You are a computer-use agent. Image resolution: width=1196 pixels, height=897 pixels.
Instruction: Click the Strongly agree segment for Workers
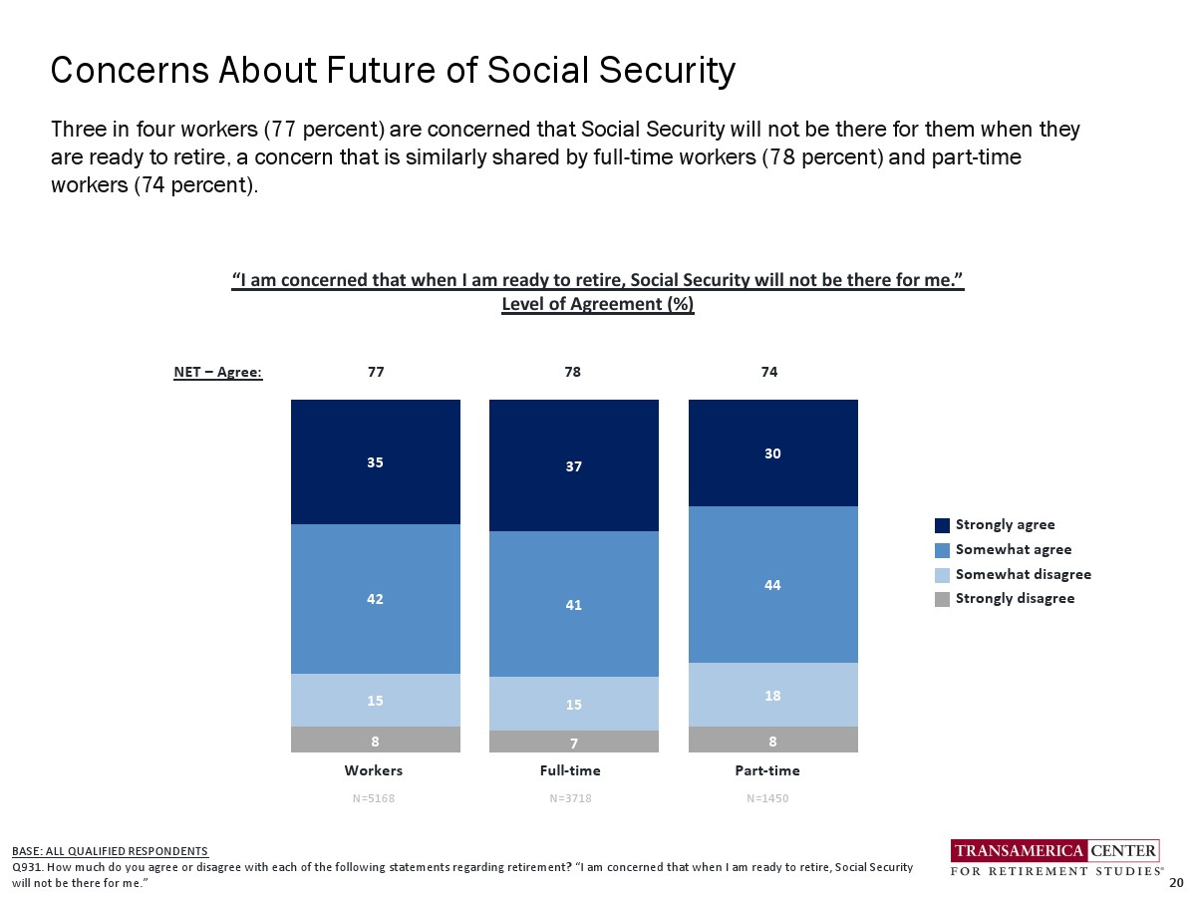click(x=375, y=461)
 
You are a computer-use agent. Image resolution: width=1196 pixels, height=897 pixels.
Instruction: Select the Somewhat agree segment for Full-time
click(x=573, y=604)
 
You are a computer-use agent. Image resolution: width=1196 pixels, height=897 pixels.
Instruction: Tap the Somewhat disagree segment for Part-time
click(x=773, y=695)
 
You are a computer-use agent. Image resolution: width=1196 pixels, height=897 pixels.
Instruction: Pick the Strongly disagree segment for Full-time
click(x=573, y=742)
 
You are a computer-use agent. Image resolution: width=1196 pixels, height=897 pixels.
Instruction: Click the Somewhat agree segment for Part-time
click(x=773, y=584)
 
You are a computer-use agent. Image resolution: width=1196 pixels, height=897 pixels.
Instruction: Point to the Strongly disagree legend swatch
click(x=942, y=599)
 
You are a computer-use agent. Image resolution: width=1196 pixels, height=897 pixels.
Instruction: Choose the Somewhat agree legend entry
click(x=1013, y=549)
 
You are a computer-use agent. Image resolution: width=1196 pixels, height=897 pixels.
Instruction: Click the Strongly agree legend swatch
click(x=942, y=525)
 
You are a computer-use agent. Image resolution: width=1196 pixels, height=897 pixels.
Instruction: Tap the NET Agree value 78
click(x=572, y=372)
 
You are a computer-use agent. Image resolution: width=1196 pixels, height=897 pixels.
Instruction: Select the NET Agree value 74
click(x=768, y=372)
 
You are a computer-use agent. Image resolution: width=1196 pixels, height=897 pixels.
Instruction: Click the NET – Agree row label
click(x=217, y=373)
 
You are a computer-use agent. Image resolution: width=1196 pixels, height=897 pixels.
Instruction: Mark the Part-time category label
click(x=767, y=770)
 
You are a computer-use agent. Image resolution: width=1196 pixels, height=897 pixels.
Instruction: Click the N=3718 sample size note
click(x=571, y=798)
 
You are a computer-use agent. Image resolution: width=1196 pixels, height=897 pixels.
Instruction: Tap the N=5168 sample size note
click(x=374, y=798)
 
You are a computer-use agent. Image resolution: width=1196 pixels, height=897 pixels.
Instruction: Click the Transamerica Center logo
click(x=1055, y=857)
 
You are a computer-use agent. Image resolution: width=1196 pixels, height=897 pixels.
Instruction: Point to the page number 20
click(x=1176, y=883)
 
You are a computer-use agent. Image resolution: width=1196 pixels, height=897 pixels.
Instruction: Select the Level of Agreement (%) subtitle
click(x=597, y=304)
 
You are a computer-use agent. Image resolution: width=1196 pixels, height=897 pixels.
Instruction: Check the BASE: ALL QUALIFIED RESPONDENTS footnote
click(x=110, y=851)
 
